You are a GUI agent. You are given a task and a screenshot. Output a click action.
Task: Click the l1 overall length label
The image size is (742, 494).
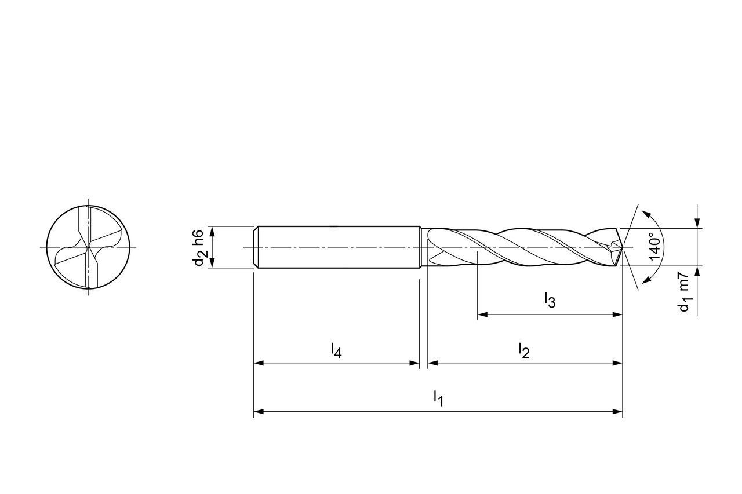coord(438,398)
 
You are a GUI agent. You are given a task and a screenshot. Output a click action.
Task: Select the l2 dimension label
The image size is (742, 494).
coord(523,350)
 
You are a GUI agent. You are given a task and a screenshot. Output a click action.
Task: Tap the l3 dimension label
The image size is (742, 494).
coord(550,300)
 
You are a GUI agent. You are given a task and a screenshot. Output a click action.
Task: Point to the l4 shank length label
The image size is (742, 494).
coord(336,350)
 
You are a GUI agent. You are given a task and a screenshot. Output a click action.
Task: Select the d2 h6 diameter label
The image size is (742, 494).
coord(198,247)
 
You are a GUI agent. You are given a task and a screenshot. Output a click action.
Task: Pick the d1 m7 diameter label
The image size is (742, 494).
coord(685,292)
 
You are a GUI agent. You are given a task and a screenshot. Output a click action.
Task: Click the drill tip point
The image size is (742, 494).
coord(623,248)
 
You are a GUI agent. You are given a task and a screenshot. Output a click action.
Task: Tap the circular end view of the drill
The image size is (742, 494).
coord(88,247)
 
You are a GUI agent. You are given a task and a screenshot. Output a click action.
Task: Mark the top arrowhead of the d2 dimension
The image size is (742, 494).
coord(213,230)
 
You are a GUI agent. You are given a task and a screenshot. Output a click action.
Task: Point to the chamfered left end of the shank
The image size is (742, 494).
coord(256,247)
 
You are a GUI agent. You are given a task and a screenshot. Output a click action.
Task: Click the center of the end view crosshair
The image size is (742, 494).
coord(88,247)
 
